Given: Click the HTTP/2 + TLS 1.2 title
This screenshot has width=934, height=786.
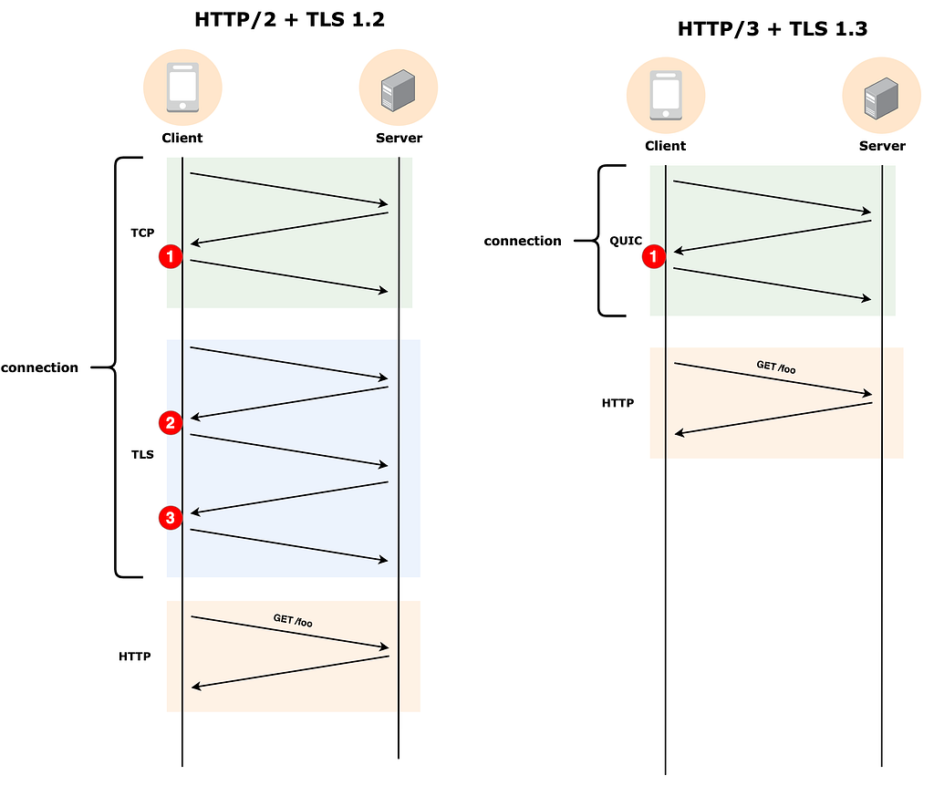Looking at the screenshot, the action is point(289,20).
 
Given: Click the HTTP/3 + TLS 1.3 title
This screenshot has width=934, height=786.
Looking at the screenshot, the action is point(773,28).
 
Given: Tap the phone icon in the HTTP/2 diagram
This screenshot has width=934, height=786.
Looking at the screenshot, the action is point(182,87).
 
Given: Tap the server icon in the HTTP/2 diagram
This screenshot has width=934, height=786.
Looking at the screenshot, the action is point(398,90).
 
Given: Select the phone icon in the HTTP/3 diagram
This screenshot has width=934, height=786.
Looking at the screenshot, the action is point(666,95).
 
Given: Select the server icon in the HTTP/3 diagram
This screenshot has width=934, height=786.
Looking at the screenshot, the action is point(881,98).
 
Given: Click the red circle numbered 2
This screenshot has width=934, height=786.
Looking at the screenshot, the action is point(171,423).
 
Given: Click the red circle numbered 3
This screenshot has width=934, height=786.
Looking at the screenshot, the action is point(171,518).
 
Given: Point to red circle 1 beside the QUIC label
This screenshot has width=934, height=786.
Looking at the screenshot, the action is point(653,256).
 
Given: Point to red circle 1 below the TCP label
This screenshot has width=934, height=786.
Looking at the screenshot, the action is point(171,256).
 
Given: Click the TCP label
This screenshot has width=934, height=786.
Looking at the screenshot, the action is point(142,233).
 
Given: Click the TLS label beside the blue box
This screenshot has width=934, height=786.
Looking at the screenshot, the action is point(142,455).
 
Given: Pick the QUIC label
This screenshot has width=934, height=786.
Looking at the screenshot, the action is point(626,241).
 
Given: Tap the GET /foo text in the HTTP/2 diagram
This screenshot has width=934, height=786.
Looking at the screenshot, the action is point(293,620).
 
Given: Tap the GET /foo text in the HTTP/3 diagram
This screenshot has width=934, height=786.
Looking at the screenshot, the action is point(776,367).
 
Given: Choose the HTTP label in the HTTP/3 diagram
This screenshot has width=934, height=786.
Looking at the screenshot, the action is point(617,403).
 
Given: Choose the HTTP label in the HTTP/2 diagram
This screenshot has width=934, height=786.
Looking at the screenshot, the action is point(135,657).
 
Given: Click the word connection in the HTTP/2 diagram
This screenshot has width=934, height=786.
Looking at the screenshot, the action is point(39,368).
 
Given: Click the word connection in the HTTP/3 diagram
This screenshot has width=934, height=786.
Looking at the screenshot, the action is point(523,241).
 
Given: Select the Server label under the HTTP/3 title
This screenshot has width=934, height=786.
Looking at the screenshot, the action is point(882,146).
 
